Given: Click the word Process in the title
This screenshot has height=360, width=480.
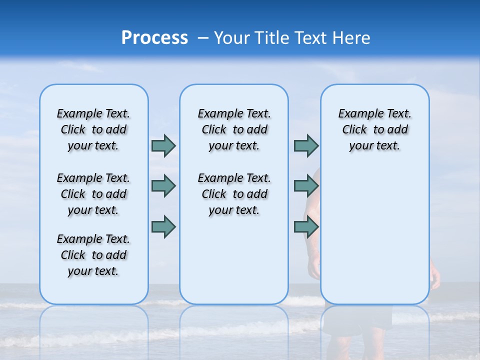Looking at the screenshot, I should point(154,37).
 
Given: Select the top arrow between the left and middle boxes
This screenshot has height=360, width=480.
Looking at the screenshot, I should point(163,145).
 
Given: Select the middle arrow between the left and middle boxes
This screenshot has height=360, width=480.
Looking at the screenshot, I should point(163,185).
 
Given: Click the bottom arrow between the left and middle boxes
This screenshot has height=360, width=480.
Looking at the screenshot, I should point(163,226).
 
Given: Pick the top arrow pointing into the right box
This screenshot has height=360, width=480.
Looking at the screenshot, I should point(306,145).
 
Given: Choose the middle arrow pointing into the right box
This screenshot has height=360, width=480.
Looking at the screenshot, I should point(306,185).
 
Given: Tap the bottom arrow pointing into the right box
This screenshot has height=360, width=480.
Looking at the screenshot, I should point(306,226).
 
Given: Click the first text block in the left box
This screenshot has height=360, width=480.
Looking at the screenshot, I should point(93,129).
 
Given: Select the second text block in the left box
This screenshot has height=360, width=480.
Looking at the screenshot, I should point(93,194).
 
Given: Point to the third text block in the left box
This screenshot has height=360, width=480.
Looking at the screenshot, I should point(93,255).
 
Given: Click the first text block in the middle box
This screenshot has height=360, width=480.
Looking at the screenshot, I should point(234,129).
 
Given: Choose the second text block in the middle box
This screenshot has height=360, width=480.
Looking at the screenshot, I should point(234,194).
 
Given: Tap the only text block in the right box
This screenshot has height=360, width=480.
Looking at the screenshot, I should point(374,129).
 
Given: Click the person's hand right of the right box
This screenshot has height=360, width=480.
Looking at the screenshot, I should point(435,277).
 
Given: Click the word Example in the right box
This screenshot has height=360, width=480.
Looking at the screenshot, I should point(356,114).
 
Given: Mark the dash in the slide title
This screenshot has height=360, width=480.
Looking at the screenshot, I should point(203,38).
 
